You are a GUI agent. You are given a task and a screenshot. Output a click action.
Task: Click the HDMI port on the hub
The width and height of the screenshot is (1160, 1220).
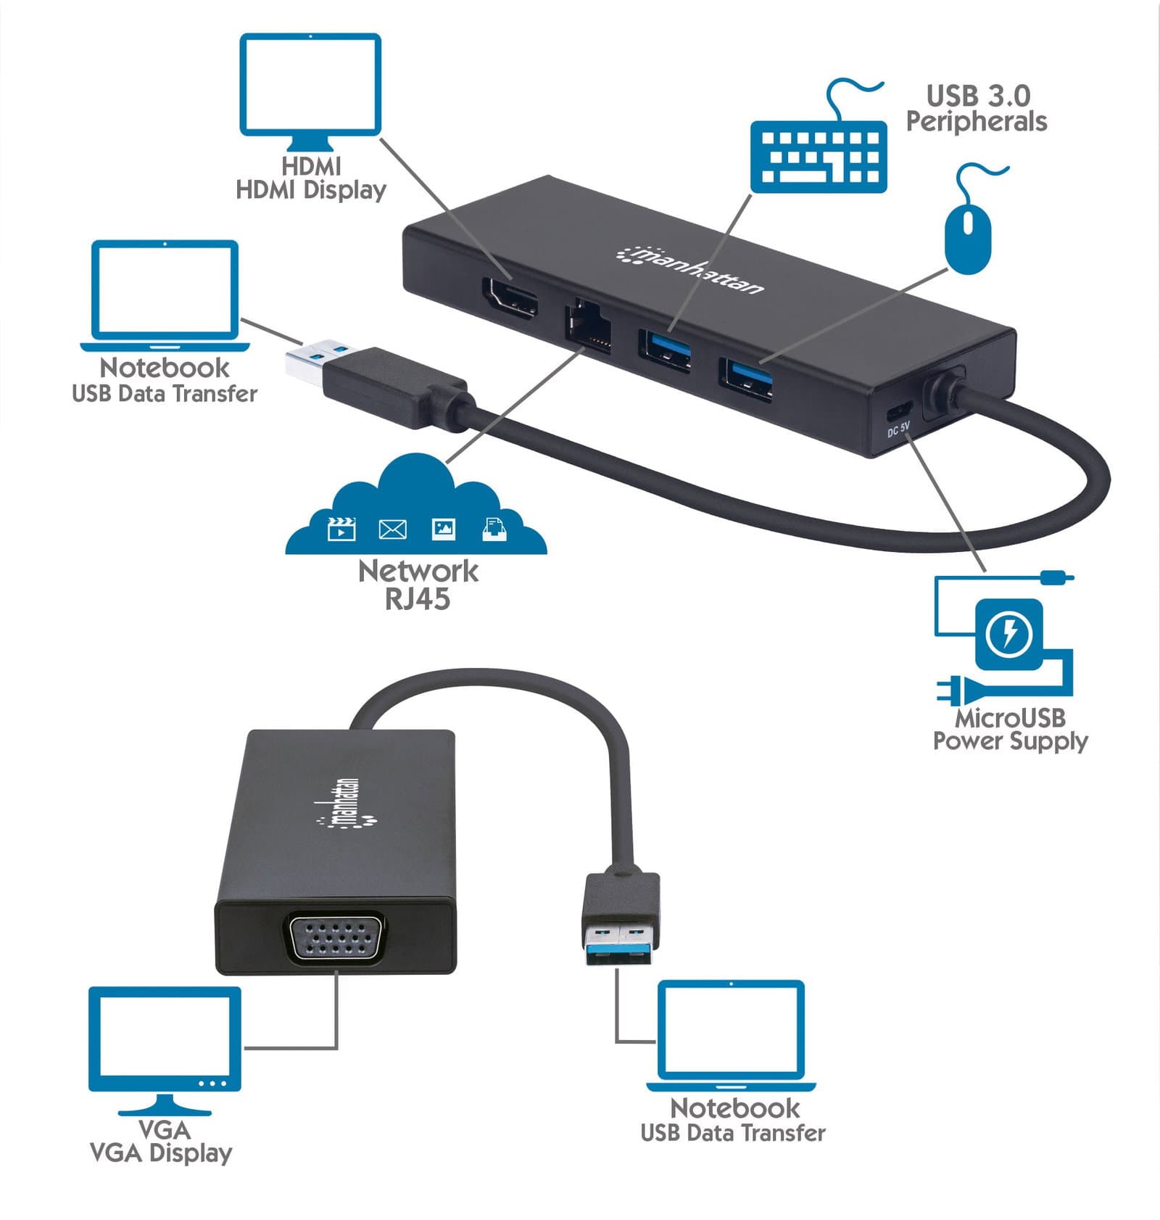click(510, 300)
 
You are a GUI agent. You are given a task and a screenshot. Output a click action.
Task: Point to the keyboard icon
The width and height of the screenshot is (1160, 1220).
click(819, 155)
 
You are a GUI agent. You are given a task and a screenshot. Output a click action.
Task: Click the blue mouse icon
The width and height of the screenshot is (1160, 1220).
click(968, 239)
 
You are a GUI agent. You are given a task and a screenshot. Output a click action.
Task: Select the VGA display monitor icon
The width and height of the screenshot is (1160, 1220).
click(165, 1051)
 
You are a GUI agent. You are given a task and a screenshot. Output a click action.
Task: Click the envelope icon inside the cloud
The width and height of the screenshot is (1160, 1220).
click(392, 529)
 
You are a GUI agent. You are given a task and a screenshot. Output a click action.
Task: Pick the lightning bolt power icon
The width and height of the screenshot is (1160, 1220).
click(1008, 633)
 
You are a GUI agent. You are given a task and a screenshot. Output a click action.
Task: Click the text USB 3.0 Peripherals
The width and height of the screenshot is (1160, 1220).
click(977, 108)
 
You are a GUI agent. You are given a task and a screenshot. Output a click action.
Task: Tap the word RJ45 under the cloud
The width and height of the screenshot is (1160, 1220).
click(418, 599)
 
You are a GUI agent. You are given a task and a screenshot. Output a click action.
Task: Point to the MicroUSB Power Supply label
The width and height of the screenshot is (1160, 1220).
click(1010, 730)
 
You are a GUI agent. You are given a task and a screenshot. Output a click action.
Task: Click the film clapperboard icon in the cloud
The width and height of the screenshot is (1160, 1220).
click(341, 529)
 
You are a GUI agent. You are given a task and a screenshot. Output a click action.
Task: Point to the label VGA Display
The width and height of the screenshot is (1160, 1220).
click(161, 1153)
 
